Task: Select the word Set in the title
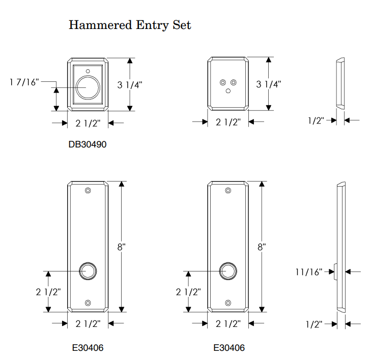pyautogui.click(x=181, y=25)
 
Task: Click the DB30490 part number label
pyautogui.click(x=88, y=144)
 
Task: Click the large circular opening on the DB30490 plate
pyautogui.click(x=88, y=87)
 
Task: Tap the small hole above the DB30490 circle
pyautogui.click(x=88, y=70)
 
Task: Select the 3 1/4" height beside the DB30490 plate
pyautogui.click(x=130, y=84)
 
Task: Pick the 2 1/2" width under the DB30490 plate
pyautogui.click(x=88, y=123)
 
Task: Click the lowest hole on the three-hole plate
pyautogui.click(x=228, y=91)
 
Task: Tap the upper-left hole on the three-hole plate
pyautogui.click(x=222, y=82)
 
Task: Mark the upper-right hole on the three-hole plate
pyautogui.click(x=234, y=82)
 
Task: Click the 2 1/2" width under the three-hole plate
pyautogui.click(x=228, y=123)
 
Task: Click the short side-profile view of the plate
pyautogui.click(x=340, y=83)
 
